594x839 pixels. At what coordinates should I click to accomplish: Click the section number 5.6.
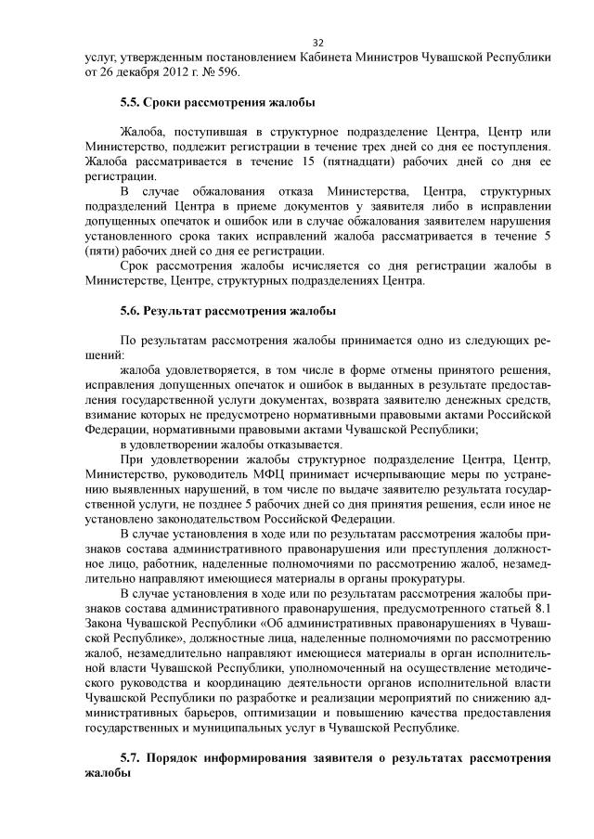click(134, 309)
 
